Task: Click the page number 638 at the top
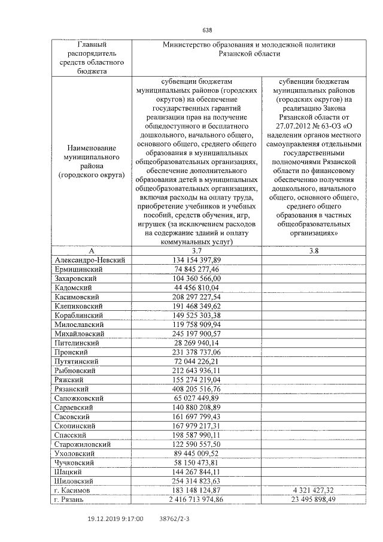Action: coord(208,31)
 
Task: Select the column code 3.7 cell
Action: coord(196,250)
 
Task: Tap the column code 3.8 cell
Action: coord(314,250)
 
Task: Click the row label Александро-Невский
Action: coord(89,260)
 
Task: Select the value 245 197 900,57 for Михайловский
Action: coord(196,333)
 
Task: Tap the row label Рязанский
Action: coord(72,388)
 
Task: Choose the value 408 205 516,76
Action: coord(196,388)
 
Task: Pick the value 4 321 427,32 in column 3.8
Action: coord(314,490)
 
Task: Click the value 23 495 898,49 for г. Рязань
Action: coord(314,499)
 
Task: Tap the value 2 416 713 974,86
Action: coord(196,499)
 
